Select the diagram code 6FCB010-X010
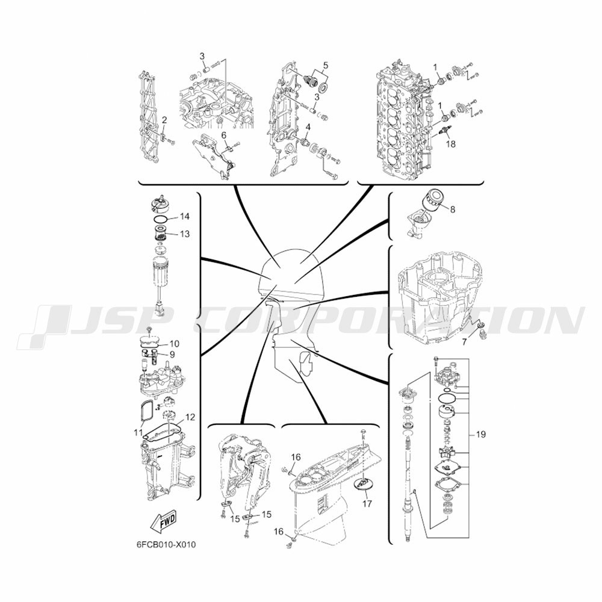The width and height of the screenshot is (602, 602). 166,545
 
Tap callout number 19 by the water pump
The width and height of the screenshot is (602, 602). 480,435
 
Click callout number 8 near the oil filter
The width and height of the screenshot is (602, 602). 453,209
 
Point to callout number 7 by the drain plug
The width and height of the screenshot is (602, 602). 465,341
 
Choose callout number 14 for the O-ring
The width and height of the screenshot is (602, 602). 185,217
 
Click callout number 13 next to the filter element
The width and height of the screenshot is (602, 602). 185,234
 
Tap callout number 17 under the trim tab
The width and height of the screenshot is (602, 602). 367,503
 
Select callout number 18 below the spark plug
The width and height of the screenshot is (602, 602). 450,144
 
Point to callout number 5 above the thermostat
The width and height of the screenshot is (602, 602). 326,65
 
